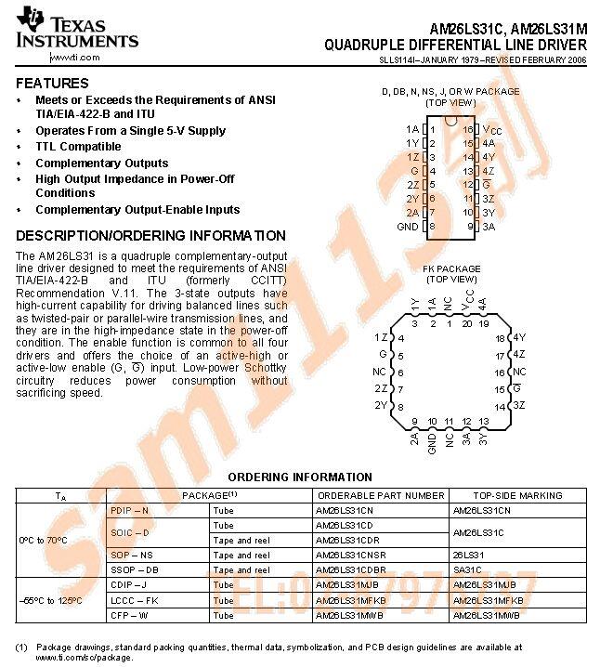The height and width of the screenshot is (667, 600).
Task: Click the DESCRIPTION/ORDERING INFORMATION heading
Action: (x=150, y=236)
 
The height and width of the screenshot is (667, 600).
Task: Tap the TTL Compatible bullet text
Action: (x=78, y=147)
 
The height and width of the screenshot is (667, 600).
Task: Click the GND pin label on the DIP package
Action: (x=408, y=227)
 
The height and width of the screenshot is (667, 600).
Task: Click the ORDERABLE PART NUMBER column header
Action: (x=380, y=496)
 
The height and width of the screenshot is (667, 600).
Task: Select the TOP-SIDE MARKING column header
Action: (x=517, y=496)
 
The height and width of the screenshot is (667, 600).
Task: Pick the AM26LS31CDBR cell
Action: (x=350, y=569)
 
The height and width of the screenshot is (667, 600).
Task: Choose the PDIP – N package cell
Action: (x=129, y=511)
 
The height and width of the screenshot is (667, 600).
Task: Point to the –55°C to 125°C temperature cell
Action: (x=50, y=600)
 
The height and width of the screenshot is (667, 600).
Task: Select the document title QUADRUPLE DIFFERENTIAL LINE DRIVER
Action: (x=455, y=46)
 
